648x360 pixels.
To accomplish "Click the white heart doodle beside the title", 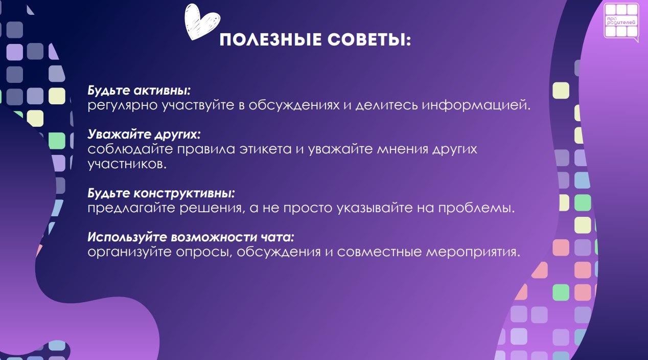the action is coord(202,21).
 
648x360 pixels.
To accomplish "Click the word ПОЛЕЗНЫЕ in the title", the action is coord(271,40).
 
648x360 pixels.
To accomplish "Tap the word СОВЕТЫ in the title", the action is coord(366,40).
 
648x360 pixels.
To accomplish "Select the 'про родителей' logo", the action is coord(621,21).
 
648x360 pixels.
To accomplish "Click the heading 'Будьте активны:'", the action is coord(139,91).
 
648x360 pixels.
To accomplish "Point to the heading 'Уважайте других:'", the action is coord(144,134).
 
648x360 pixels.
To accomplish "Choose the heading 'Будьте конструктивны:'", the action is coord(161,193).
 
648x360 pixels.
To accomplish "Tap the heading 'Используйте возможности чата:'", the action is coord(191,237).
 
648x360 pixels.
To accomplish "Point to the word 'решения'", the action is coord(211,208).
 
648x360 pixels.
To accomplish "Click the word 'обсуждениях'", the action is coord(294,106).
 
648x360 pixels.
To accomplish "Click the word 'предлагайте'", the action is coord(131,208).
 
